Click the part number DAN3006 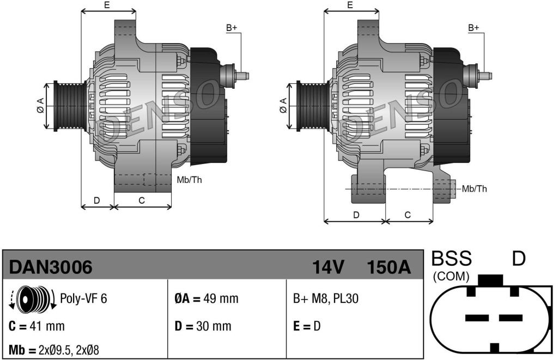coord(51,267)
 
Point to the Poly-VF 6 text coord(83,298)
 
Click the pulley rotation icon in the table coord(32,298)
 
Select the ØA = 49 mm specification coord(207,298)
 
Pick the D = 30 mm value coord(203,326)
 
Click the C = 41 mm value coord(37,326)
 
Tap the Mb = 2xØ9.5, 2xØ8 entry coord(54,350)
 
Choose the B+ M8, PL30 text coord(326,298)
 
